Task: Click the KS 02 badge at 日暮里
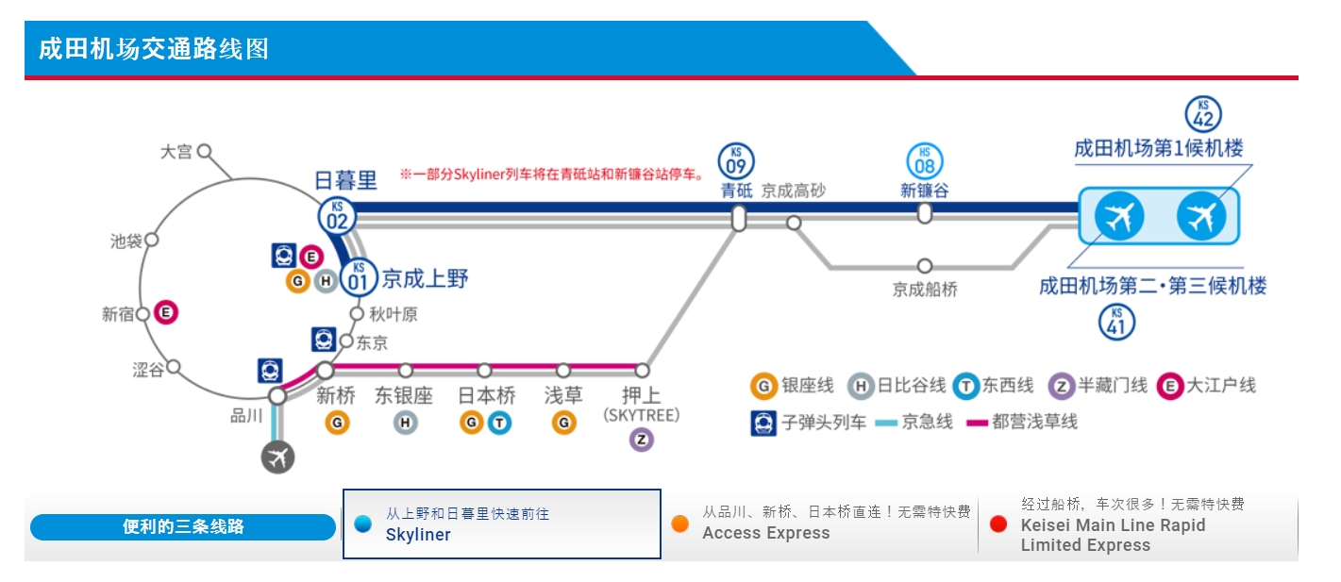point(337,215)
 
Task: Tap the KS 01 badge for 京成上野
point(358,277)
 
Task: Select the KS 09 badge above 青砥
point(736,160)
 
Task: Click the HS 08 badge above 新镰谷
point(925,160)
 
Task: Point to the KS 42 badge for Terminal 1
point(1202,115)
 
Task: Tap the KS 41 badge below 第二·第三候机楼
point(1116,322)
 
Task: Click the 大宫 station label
point(176,152)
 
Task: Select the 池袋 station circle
point(151,240)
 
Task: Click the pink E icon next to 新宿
point(166,312)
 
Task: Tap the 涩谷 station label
point(148,370)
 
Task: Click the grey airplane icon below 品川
point(277,457)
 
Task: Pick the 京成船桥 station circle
point(925,266)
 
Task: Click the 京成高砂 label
point(793,191)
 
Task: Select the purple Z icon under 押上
point(642,440)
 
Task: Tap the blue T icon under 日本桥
point(499,424)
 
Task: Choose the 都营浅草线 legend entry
point(1023,422)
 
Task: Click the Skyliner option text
point(418,535)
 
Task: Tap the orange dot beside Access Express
point(679,524)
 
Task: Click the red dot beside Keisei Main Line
point(998,524)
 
